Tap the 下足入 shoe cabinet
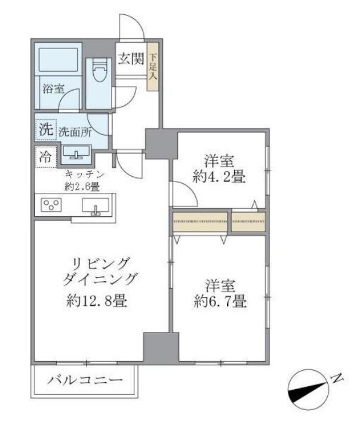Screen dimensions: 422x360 point(153,67)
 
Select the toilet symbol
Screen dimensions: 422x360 point(100,72)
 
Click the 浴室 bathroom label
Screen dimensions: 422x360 point(53,88)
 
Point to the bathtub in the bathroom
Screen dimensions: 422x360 point(59,61)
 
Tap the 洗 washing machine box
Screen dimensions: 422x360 point(45,130)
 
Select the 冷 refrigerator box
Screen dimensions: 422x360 point(45,157)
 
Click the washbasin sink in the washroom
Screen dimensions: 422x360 point(75,155)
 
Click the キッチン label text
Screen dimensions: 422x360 point(85,174)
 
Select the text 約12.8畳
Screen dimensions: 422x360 point(96,301)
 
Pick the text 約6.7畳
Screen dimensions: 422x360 point(220,302)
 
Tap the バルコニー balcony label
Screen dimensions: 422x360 point(85,380)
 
